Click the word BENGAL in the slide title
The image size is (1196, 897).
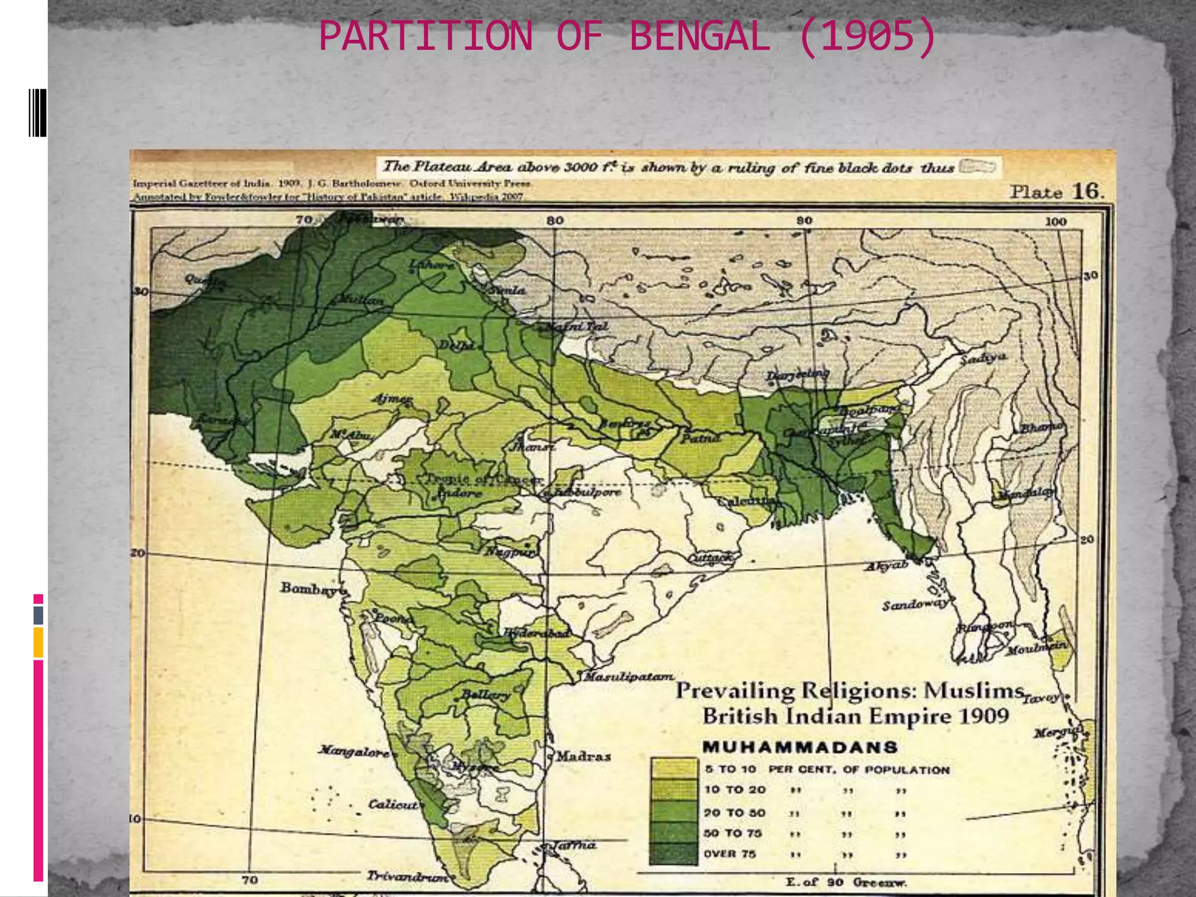[x=699, y=37]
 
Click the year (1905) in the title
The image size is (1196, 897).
[x=867, y=37]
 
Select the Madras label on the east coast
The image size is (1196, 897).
[x=583, y=756]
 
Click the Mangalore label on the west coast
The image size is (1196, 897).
[x=353, y=750]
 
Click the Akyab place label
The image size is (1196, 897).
[x=886, y=565]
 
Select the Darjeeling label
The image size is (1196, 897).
[x=797, y=374]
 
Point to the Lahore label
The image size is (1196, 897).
[x=432, y=265]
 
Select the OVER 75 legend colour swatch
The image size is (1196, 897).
[x=673, y=853]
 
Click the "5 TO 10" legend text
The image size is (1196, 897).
[x=730, y=769]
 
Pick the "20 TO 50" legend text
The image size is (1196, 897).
[x=734, y=813]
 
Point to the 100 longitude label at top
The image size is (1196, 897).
[x=1056, y=221]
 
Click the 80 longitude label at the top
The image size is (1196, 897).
[x=555, y=220]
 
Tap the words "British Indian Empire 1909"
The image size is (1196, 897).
[x=856, y=716]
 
